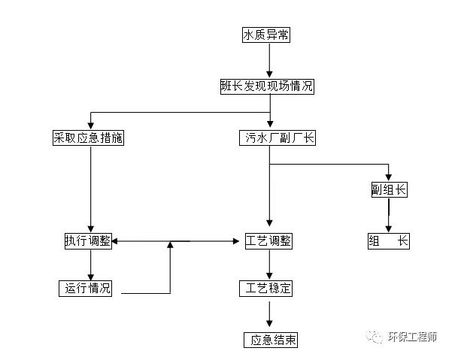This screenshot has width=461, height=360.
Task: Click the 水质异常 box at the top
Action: (x=268, y=35)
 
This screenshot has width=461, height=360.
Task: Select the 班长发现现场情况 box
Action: (x=268, y=86)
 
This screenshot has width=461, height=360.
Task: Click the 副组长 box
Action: (x=389, y=190)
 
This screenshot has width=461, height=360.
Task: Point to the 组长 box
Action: (x=389, y=241)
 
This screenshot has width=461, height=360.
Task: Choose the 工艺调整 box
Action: (x=268, y=241)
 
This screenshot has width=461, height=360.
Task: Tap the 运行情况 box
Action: (x=87, y=289)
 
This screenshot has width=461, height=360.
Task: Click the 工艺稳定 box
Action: (x=268, y=289)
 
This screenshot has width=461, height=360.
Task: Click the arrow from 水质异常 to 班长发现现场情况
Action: (x=268, y=61)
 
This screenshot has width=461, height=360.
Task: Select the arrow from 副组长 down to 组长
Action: (x=389, y=216)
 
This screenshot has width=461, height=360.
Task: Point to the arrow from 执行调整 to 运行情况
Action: (x=90, y=265)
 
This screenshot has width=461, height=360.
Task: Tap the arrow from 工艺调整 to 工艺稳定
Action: (x=269, y=265)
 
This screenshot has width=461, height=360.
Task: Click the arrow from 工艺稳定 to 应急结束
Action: (x=269, y=314)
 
